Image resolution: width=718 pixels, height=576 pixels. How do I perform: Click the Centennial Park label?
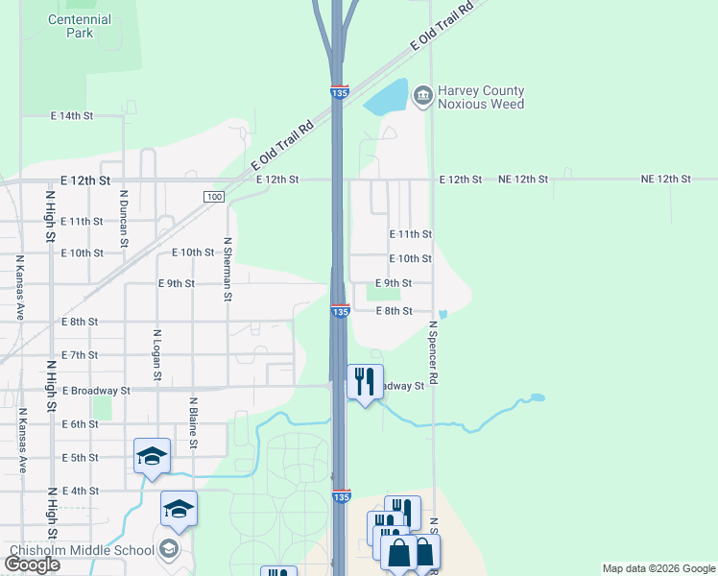pyautogui.click(x=80, y=26)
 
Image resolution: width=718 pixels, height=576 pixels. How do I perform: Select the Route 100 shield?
pyautogui.click(x=214, y=197)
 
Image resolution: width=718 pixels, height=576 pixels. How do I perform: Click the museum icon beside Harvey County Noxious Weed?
pyautogui.click(x=422, y=96)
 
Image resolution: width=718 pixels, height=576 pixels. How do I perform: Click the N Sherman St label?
pyautogui.click(x=227, y=270)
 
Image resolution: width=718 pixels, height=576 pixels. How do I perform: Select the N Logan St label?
pyautogui.click(x=156, y=355)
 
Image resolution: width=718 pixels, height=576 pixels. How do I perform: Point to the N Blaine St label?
pyautogui.click(x=193, y=422)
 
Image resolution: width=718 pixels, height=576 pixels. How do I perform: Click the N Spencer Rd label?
pyautogui.click(x=433, y=352)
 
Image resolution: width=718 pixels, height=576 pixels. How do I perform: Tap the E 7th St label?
pyautogui.click(x=79, y=355)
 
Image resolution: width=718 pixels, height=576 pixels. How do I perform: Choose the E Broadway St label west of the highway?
pyautogui.click(x=96, y=391)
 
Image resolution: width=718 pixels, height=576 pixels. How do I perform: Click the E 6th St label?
pyautogui.click(x=79, y=424)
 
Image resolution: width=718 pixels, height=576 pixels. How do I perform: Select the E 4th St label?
pyautogui.click(x=80, y=491)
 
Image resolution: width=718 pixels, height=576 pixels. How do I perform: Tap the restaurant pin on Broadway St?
pyautogui.click(x=364, y=382)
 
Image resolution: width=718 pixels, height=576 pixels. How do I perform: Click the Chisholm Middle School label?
pyautogui.click(x=81, y=550)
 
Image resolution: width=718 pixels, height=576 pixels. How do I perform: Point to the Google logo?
pyautogui.click(x=33, y=564)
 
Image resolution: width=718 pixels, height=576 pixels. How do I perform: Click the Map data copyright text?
pyautogui.click(x=658, y=568)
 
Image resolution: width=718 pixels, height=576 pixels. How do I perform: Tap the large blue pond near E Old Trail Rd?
pyautogui.click(x=387, y=97)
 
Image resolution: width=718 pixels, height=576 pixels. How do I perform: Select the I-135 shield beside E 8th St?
pyautogui.click(x=340, y=312)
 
